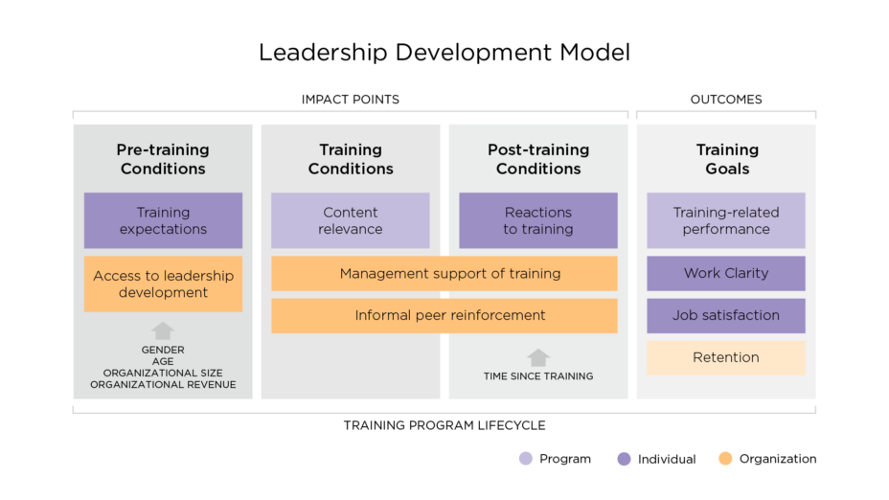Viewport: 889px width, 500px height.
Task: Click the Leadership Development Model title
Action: (x=444, y=52)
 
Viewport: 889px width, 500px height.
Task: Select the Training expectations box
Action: (x=163, y=220)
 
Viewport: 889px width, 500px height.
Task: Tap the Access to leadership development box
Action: (x=163, y=284)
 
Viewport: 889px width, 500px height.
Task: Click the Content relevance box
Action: (x=351, y=220)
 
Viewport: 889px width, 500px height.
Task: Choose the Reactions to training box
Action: (x=538, y=220)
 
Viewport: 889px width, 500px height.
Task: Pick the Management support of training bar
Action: (x=444, y=273)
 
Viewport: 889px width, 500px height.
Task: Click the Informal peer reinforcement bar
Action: (x=444, y=315)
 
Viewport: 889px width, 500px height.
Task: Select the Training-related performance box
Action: (x=726, y=220)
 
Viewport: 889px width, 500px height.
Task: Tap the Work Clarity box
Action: (x=726, y=273)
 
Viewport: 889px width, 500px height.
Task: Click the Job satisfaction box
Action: (x=726, y=315)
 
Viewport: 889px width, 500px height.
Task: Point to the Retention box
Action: (x=726, y=357)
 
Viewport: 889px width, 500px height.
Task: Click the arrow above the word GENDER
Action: (x=163, y=331)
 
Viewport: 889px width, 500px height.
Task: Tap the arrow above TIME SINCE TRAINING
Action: (x=538, y=357)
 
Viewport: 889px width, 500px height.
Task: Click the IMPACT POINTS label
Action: (x=351, y=100)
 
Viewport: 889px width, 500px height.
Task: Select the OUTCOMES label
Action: (x=726, y=100)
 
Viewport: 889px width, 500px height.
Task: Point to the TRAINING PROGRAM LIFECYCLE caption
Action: (x=444, y=425)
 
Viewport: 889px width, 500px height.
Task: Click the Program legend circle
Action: (x=525, y=459)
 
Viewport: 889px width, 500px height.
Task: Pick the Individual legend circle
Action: (x=625, y=459)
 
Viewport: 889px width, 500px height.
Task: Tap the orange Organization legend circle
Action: (x=725, y=459)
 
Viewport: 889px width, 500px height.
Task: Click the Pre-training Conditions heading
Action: (x=163, y=159)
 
